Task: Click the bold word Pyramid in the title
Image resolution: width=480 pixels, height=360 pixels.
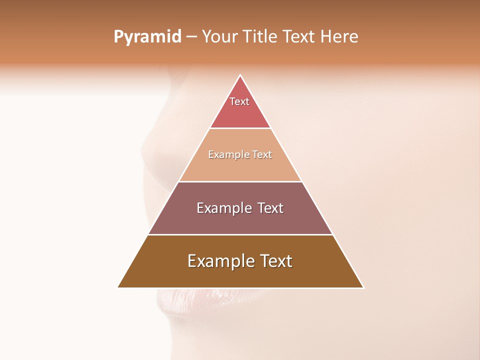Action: point(147,37)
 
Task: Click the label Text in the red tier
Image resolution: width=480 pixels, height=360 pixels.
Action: point(239,101)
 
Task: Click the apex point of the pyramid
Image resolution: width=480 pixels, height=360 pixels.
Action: point(240,76)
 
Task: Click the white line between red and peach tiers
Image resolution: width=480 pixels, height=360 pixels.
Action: point(240,128)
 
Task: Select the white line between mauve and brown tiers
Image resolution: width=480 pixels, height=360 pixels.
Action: point(240,234)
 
